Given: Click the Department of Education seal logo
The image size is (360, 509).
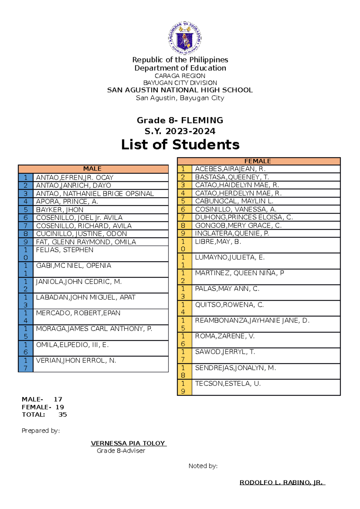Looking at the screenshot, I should (184, 38).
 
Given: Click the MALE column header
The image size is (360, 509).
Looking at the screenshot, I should (93, 169).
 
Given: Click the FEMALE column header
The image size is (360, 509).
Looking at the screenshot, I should (258, 161).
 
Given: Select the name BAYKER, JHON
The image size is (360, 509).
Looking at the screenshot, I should (60, 210).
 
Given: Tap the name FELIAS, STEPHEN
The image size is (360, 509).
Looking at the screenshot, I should (65, 250).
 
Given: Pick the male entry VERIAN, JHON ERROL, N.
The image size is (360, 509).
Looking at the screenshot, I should (76, 361).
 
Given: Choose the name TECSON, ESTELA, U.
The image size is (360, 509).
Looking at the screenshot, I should (228, 384).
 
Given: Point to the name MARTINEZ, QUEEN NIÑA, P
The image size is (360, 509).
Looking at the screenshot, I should (239, 273).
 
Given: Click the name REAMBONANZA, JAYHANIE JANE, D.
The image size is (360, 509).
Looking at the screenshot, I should (252, 321).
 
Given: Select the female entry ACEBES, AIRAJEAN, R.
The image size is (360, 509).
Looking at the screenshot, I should (230, 169).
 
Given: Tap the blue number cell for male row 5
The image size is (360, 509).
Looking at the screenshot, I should (26, 210).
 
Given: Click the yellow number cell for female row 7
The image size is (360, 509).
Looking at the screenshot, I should (183, 217).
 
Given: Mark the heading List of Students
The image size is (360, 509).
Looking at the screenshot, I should (180, 145).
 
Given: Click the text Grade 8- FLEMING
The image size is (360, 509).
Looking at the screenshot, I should (180, 121).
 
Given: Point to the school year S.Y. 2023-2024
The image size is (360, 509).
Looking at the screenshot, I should (180, 131).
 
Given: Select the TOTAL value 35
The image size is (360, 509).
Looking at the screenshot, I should (63, 415).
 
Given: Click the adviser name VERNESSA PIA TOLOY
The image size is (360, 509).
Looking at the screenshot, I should (128, 443).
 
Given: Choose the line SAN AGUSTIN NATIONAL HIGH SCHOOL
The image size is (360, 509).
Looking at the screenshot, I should (180, 90).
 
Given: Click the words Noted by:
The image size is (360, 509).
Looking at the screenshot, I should (203, 466).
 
